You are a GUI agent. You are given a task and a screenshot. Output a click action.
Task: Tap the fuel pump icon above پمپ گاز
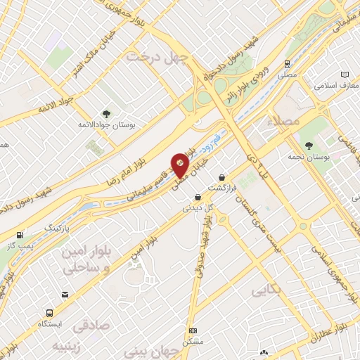[x=20, y=235]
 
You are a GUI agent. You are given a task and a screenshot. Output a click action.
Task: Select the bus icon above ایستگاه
[x=49, y=313]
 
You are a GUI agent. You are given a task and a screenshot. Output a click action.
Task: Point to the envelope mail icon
[x=65, y=294]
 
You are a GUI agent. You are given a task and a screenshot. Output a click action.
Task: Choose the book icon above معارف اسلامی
[x=344, y=74]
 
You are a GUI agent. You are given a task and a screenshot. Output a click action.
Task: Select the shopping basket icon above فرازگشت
[x=223, y=177]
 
